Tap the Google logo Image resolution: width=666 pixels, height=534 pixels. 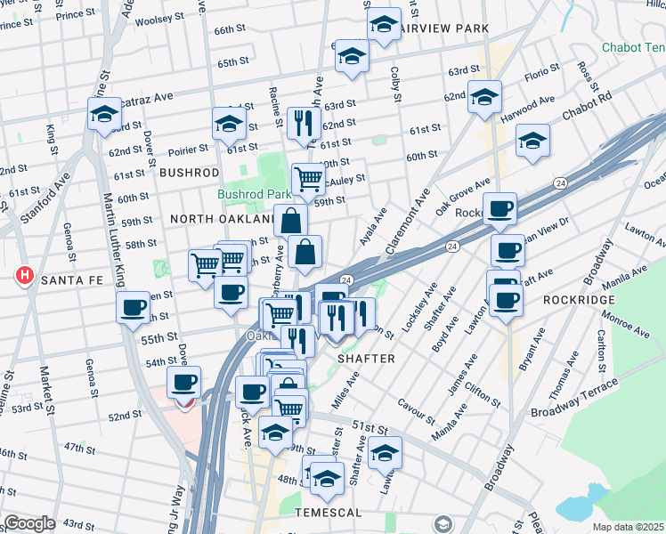(x=30, y=523)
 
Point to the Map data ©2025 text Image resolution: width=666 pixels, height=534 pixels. (x=628, y=527)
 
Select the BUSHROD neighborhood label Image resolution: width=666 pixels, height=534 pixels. (x=189, y=172)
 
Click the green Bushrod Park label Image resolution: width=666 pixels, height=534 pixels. (x=255, y=194)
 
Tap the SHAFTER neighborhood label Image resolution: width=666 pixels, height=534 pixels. (x=365, y=358)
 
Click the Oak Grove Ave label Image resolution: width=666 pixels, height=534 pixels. (x=463, y=198)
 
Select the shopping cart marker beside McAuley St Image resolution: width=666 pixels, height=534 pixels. (x=308, y=179)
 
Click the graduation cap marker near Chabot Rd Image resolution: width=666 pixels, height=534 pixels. (x=532, y=141)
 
